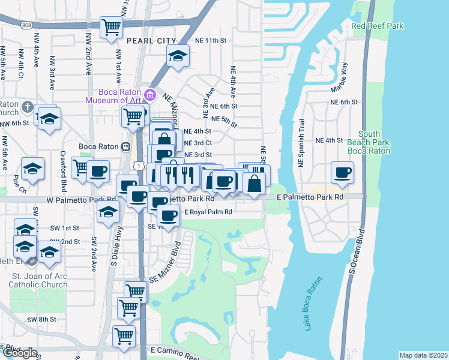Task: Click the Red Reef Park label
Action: pos(377,26)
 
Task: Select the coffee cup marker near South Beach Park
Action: pos(343,173)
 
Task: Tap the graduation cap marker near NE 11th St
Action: pos(177,56)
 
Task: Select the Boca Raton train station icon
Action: pos(126,146)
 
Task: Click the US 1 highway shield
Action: pos(139,164)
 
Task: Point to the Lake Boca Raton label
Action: pos(313,304)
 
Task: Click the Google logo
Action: pos(19,353)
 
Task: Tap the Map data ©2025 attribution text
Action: pos(423,355)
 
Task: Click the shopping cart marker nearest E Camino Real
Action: pos(124,335)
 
